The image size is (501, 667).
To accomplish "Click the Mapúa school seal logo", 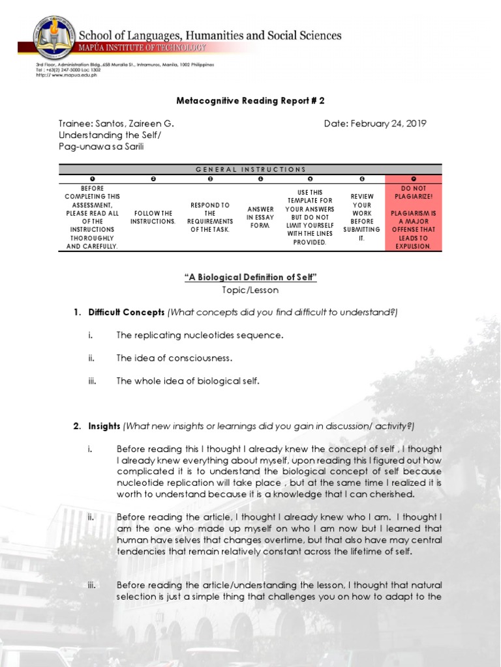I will [55, 36].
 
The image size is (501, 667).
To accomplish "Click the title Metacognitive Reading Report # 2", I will [250, 101].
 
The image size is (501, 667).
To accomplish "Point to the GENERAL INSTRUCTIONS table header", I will [250, 169].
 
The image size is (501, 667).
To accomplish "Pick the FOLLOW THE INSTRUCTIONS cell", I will [153, 217].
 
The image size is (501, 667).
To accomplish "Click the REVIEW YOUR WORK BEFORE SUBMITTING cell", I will [361, 217].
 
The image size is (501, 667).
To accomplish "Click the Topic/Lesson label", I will [250, 291].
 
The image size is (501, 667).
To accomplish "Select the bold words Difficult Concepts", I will [127, 313].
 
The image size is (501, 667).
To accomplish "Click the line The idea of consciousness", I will [174, 358].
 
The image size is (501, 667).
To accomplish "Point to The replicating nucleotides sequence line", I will [200, 335].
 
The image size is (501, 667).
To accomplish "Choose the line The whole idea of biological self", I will [188, 381].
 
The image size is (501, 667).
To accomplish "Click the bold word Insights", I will [104, 426].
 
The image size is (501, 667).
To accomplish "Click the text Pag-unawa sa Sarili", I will [100, 147].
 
